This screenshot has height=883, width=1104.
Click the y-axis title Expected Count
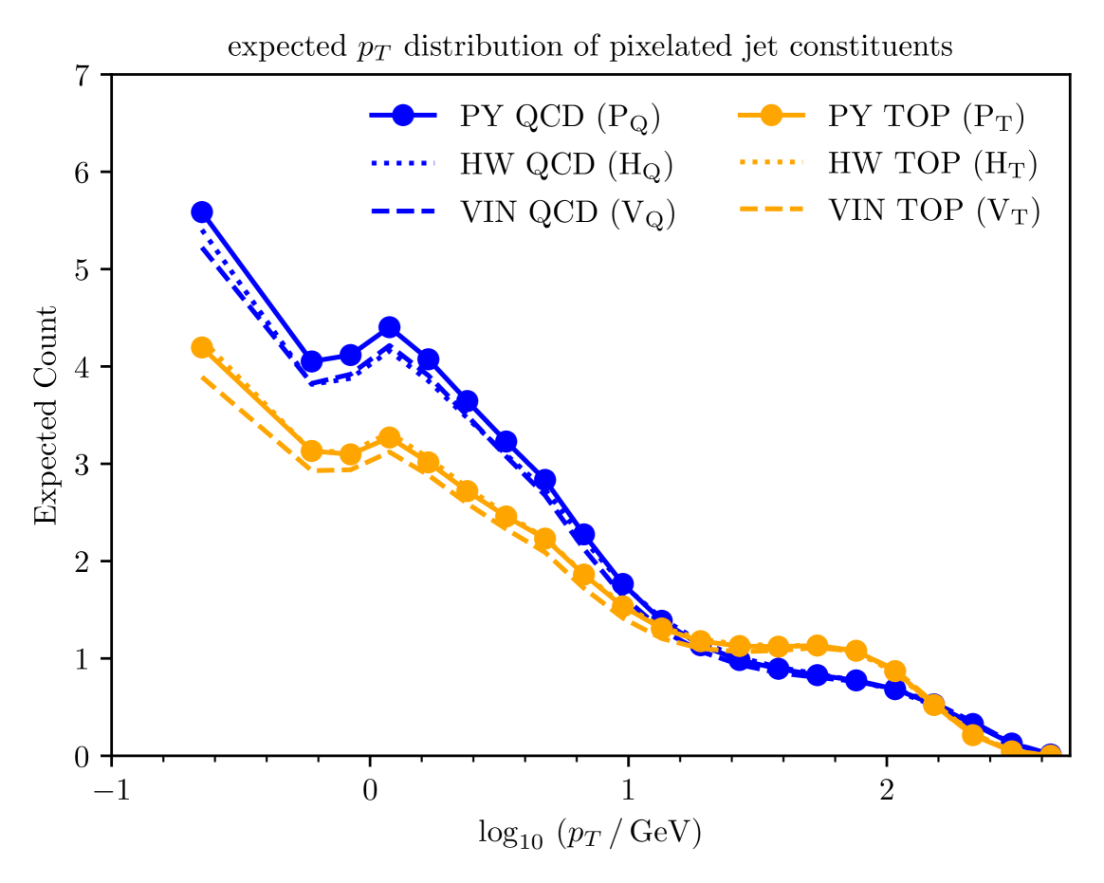coord(46,415)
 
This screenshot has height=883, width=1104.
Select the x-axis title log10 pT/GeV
coord(590,835)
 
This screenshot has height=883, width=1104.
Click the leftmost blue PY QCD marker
coord(201,212)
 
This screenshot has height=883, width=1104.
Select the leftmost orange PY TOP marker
coord(201,347)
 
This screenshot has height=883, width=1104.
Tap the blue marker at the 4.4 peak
coord(389,327)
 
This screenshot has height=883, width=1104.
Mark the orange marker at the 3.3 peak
coord(389,437)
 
